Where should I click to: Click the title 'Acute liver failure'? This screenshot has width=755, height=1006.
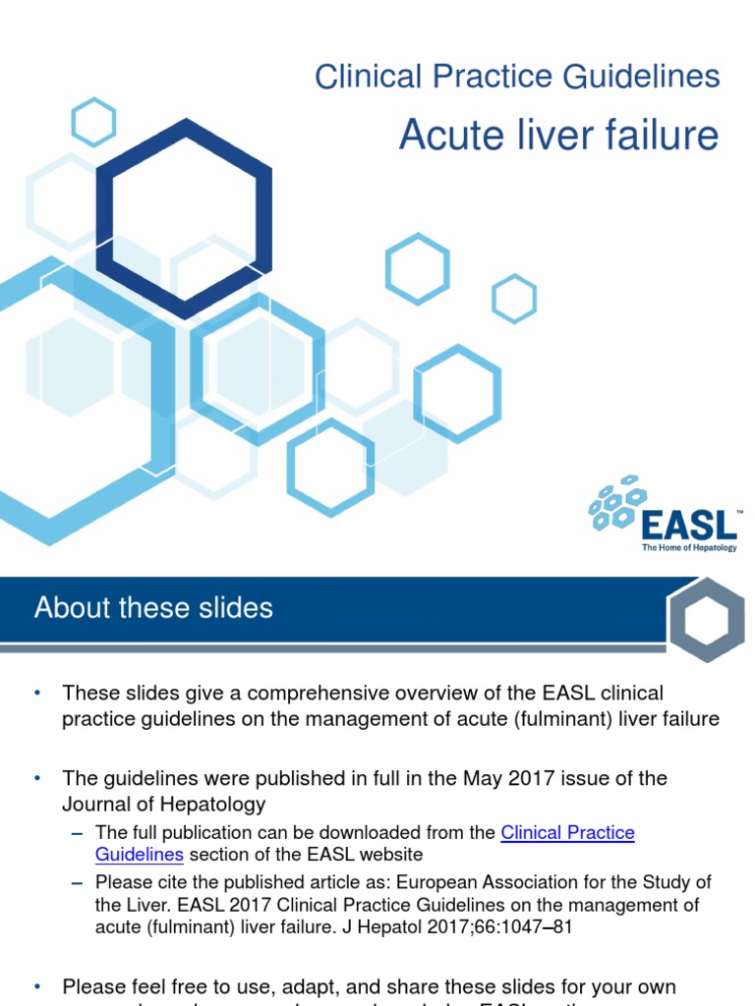(558, 135)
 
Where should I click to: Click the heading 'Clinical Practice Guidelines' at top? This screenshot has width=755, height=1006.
(517, 76)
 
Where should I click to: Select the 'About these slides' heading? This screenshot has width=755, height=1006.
(153, 607)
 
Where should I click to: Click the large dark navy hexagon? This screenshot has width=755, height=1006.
(185, 217)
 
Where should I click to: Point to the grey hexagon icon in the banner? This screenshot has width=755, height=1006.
(707, 619)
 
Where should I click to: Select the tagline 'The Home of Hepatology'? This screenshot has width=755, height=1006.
(688, 547)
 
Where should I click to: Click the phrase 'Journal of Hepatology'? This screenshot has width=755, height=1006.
(164, 805)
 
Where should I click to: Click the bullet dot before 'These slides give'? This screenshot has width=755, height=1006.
(38, 694)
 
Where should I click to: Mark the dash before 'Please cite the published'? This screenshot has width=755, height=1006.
(78, 882)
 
